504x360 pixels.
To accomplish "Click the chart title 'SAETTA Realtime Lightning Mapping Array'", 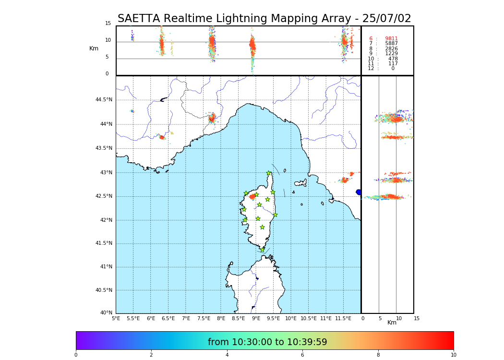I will coord(264,19).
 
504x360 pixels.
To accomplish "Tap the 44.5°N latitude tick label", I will coord(104,100).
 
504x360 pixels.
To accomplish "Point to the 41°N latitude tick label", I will coord(106,267).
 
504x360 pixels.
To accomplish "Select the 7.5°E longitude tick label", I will coord(204,318).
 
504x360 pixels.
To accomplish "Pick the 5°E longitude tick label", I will coord(116,318).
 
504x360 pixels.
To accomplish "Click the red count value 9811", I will coord(391,39).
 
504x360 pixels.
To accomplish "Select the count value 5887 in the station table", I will coord(391,44).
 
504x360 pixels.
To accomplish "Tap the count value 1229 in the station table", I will coord(391,54).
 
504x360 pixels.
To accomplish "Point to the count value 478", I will coord(393,59).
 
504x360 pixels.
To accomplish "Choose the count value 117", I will coord(393,64).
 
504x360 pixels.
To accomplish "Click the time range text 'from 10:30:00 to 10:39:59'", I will coord(267,342).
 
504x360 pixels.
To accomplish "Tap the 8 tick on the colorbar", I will coord(378,355).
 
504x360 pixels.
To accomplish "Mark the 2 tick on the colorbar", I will coord(151,355).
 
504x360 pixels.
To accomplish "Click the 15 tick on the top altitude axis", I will coord(108,24).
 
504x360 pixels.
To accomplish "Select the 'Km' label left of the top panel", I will coord(94,48).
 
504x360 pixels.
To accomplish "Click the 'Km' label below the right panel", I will coord(392,323).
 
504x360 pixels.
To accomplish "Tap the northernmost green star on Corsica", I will coord(269,173).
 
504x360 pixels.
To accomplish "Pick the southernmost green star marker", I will coord(262,250).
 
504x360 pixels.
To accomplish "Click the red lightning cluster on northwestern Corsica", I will coord(252,196).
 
